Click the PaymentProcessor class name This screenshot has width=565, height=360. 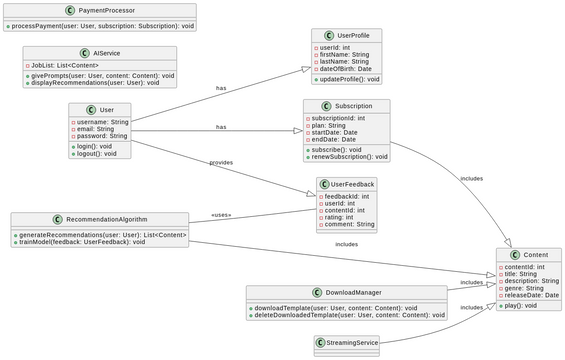tap(106, 10)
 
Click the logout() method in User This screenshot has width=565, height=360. tap(96, 154)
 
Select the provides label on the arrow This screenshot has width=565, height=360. tap(221, 162)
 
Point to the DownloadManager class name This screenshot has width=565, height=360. tap(353, 293)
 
